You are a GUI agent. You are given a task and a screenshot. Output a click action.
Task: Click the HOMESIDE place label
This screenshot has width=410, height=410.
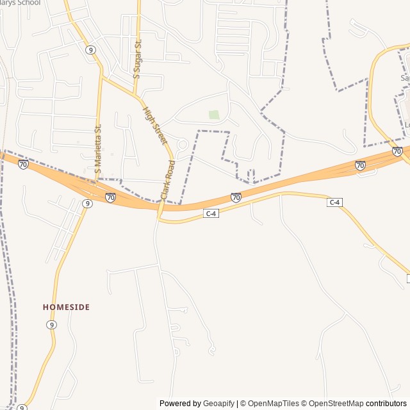tap(66, 307)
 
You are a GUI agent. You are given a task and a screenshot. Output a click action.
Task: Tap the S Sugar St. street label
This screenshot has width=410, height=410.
tap(136, 58)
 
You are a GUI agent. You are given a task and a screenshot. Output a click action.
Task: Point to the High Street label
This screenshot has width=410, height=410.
tap(154, 125)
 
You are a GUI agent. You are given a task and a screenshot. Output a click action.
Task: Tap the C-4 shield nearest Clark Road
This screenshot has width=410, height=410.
tap(211, 213)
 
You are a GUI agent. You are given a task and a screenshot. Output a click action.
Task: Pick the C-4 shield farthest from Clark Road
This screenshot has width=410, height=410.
tap(334, 202)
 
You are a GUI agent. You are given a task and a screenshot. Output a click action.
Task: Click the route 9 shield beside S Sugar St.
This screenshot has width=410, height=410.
tap(90, 49)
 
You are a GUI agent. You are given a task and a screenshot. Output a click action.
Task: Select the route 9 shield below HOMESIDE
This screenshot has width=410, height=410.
tap(51, 325)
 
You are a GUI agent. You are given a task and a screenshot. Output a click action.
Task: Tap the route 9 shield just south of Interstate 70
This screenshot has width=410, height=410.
tap(87, 203)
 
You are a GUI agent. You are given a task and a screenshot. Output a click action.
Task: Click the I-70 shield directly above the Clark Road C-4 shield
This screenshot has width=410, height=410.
tap(236, 197)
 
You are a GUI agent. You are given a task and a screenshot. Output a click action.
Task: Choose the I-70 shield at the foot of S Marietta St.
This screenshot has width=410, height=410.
tap(111, 197)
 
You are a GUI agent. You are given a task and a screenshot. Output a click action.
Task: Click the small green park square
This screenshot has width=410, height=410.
tap(214, 115)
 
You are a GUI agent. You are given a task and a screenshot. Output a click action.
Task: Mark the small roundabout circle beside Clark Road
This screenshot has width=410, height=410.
tap(183, 145)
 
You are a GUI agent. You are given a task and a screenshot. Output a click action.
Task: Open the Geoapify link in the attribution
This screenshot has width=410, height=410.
tap(218, 404)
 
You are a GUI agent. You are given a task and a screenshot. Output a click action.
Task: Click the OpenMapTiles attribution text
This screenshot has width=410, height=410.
tap(274, 404)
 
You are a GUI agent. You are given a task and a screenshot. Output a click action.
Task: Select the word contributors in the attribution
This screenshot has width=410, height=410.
tap(386, 404)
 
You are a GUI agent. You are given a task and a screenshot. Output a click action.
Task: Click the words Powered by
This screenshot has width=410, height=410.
tap(180, 404)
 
